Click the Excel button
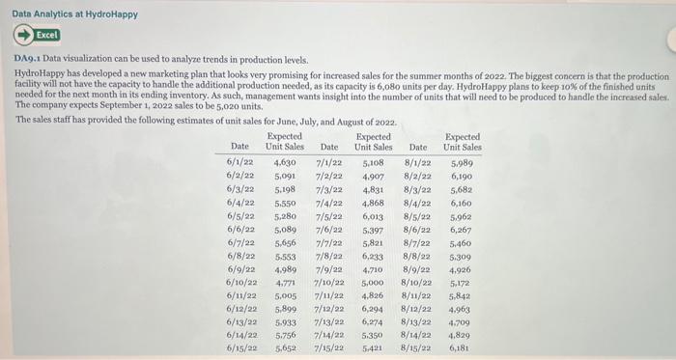point(46,35)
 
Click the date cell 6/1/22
point(240,164)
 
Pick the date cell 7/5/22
point(329,217)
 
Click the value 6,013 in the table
point(373,217)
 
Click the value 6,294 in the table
point(373,308)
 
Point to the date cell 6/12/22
point(240,308)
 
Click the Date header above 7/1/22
point(329,147)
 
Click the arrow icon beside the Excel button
point(21,35)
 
